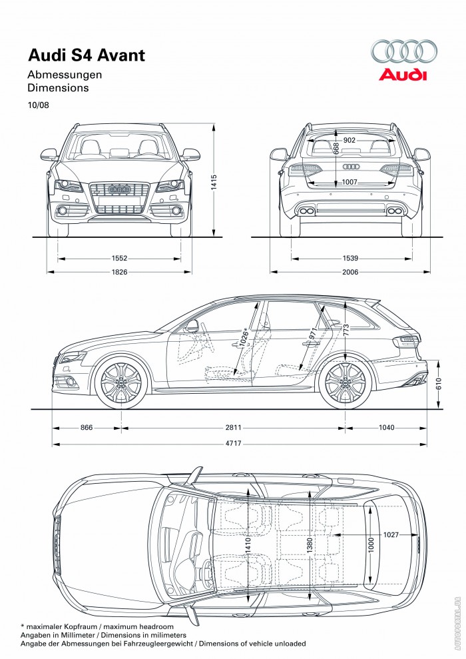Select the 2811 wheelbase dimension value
click(232, 427)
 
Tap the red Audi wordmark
click(403, 75)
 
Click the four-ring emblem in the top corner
click(403, 51)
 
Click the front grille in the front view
click(119, 197)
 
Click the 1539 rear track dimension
click(349, 257)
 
